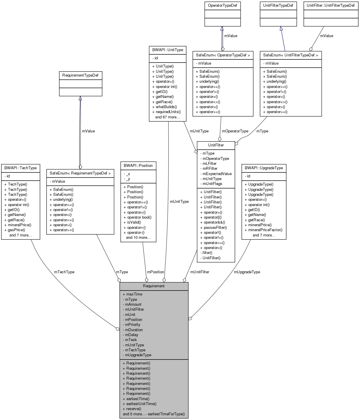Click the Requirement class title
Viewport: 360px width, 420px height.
click(154, 286)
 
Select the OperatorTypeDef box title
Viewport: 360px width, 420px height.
click(222, 6)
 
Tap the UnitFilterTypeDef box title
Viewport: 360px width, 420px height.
click(278, 6)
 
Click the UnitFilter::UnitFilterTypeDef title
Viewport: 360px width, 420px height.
click(331, 6)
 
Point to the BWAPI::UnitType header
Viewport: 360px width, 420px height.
click(168, 50)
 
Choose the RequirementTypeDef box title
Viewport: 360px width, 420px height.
click(80, 75)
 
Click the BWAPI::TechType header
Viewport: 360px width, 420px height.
click(20, 168)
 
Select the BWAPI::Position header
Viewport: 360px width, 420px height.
click(138, 166)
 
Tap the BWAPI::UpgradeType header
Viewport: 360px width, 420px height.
click(264, 168)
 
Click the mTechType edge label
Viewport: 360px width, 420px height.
click(64, 272)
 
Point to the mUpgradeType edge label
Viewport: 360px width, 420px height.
click(247, 272)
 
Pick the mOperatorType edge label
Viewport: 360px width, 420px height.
click(235, 131)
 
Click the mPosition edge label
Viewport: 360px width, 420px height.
click(156, 272)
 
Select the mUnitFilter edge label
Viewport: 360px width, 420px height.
click(200, 272)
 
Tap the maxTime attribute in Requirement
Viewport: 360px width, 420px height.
click(134, 294)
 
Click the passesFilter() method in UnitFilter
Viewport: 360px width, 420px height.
click(215, 228)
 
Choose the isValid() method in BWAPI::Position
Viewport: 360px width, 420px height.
click(134, 222)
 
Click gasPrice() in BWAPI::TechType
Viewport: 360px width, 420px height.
click(16, 230)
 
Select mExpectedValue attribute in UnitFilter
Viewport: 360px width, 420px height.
click(217, 174)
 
